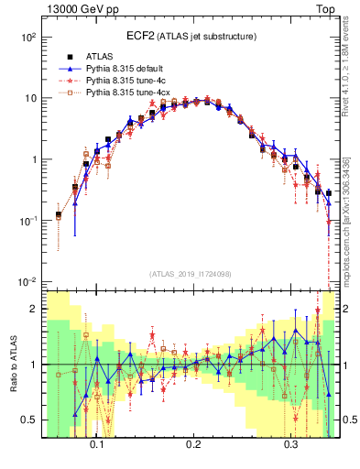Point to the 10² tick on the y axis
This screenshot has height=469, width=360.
(x=29, y=38)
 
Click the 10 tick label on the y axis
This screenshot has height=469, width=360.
(x=30, y=98)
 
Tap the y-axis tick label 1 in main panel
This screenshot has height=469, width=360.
(x=33, y=159)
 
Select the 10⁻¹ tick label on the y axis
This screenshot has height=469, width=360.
(x=28, y=221)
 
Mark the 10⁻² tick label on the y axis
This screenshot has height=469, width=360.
(x=28, y=281)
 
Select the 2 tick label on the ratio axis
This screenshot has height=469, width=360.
(x=33, y=310)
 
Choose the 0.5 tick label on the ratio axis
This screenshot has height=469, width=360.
(x=29, y=420)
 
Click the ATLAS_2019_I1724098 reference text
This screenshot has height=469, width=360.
(x=190, y=273)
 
